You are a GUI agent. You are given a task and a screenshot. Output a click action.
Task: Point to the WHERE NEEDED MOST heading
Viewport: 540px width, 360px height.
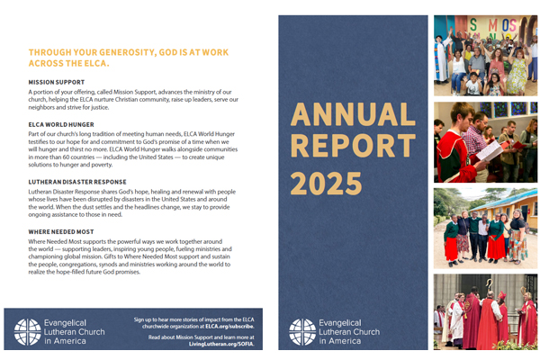(60, 231)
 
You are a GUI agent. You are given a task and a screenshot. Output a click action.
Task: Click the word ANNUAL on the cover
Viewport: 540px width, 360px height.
(354, 114)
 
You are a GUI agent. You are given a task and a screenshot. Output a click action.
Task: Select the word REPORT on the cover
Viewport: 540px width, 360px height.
(354, 148)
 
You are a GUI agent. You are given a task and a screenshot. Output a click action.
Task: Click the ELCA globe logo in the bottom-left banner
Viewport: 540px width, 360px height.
(24, 332)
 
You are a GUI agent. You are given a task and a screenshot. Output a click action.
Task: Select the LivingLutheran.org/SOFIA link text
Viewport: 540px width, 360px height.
(222, 344)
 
